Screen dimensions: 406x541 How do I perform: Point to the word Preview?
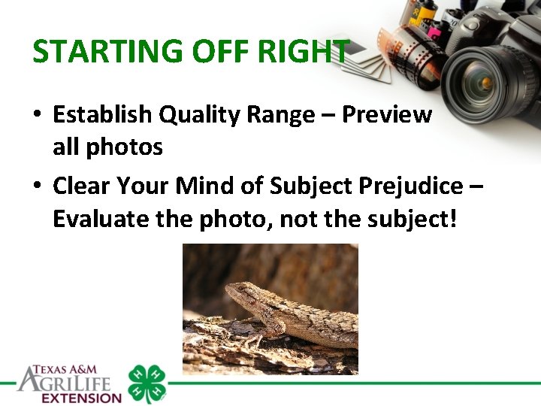tap(387, 114)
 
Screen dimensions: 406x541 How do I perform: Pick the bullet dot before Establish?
tap(36, 116)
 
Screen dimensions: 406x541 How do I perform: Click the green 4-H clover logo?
tap(147, 383)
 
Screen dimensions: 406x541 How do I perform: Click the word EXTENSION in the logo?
tap(81, 398)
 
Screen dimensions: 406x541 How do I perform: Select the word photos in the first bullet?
tap(124, 147)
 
